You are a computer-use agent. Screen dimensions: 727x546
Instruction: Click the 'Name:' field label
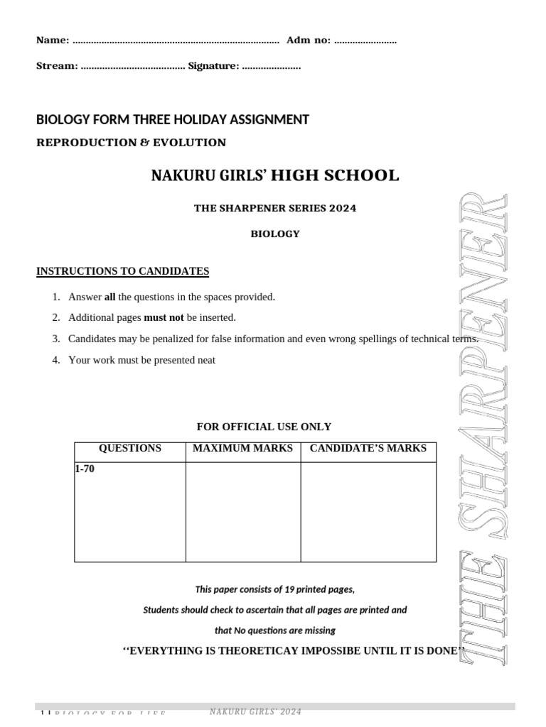point(53,40)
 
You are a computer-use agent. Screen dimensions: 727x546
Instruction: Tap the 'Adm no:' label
point(309,40)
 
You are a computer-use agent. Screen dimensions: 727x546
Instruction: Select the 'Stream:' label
point(57,66)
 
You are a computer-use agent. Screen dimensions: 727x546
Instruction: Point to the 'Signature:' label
point(213,66)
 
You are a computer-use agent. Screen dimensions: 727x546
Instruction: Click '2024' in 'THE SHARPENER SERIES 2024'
point(342,208)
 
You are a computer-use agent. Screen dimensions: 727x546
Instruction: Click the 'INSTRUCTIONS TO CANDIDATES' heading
point(122,271)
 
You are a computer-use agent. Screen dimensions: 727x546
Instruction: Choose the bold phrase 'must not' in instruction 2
point(164,318)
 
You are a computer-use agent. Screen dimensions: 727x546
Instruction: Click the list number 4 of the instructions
point(55,360)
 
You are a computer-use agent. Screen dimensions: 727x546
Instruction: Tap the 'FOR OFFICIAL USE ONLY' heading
point(264,427)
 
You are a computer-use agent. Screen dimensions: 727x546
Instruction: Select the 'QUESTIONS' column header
point(129,448)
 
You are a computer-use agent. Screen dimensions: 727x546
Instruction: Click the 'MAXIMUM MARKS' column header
point(242,448)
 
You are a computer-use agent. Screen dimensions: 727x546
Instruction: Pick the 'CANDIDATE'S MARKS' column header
point(368,448)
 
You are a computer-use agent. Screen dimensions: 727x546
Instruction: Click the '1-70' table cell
point(85,469)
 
